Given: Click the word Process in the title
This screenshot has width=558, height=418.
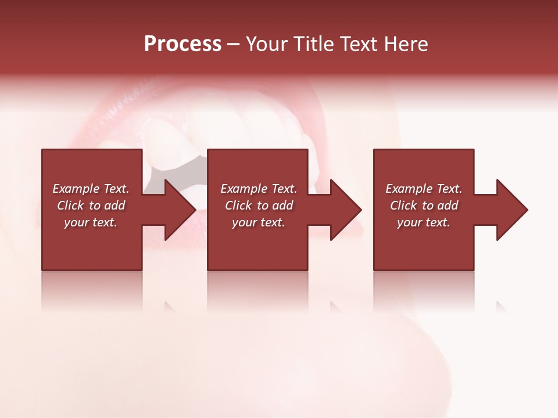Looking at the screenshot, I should (x=183, y=44).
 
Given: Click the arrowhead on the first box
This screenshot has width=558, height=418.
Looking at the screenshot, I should (x=178, y=210).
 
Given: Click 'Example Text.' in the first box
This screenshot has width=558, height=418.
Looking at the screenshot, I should (x=91, y=189).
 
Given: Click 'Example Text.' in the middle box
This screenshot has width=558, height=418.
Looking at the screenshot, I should (x=259, y=189).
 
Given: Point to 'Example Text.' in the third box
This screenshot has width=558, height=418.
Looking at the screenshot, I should (x=424, y=189).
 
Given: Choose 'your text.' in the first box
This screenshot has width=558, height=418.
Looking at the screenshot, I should (x=91, y=222).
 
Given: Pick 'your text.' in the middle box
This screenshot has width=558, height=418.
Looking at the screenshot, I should (x=259, y=222).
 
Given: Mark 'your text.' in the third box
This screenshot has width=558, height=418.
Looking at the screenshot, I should (x=424, y=222).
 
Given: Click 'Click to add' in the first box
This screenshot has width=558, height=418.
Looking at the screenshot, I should (x=91, y=206).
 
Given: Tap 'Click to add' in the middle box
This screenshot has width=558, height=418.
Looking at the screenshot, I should (x=259, y=206).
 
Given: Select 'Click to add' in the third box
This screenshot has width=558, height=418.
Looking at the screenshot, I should (x=424, y=206).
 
